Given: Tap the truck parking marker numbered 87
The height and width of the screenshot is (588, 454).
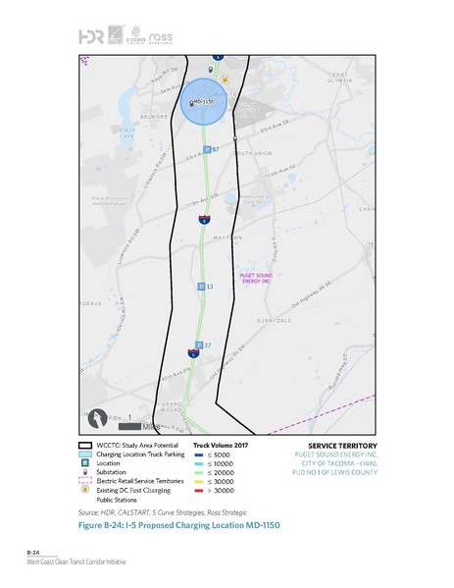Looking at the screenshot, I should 207,149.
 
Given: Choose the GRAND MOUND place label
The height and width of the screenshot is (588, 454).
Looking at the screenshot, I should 172,407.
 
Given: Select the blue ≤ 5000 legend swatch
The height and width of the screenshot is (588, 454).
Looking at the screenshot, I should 199,455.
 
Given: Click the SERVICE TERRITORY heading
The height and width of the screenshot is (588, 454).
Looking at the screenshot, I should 329,447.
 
